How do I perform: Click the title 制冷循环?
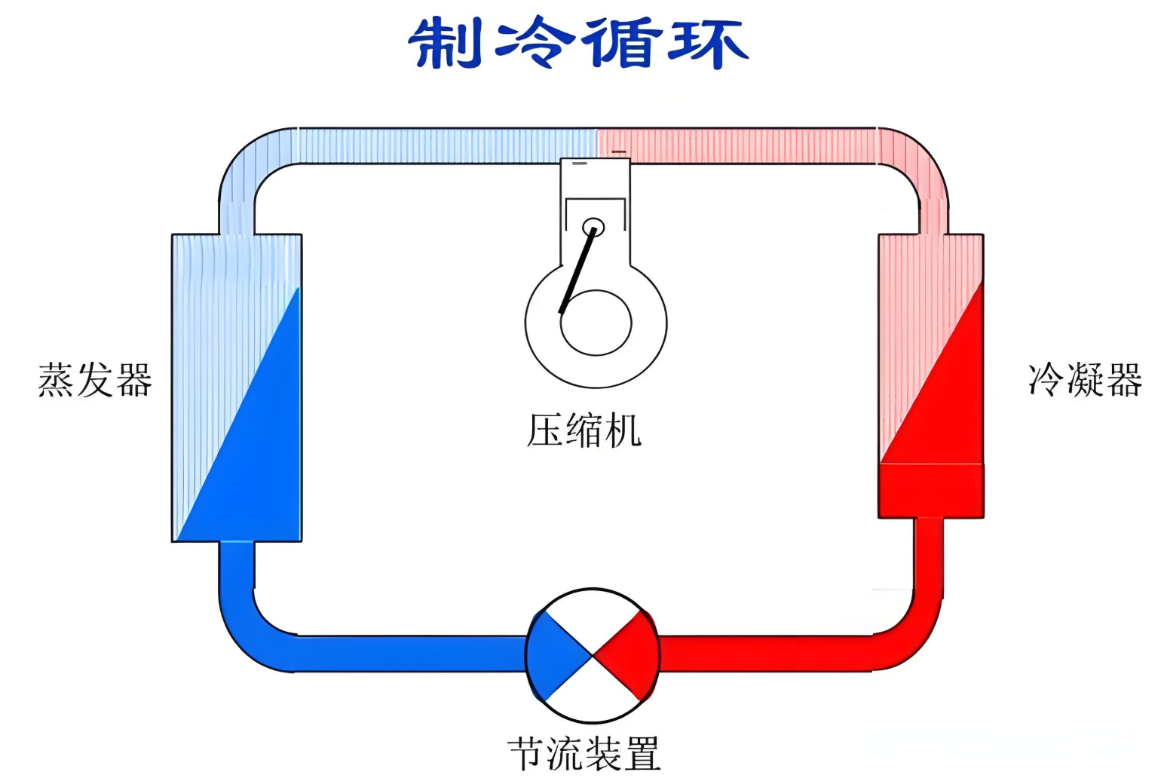tap(577, 44)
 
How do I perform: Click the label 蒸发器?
tap(95, 380)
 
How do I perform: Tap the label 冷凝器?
tap(1085, 380)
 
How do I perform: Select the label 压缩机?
tap(584, 430)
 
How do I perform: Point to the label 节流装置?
tap(584, 753)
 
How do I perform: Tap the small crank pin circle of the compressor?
tap(593, 226)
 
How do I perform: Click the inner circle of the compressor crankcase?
tap(596, 323)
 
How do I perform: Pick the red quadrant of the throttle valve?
tap(633, 655)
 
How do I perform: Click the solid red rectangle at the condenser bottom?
tap(931, 491)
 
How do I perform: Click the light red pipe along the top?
tap(739, 145)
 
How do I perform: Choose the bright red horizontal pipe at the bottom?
tap(769, 653)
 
